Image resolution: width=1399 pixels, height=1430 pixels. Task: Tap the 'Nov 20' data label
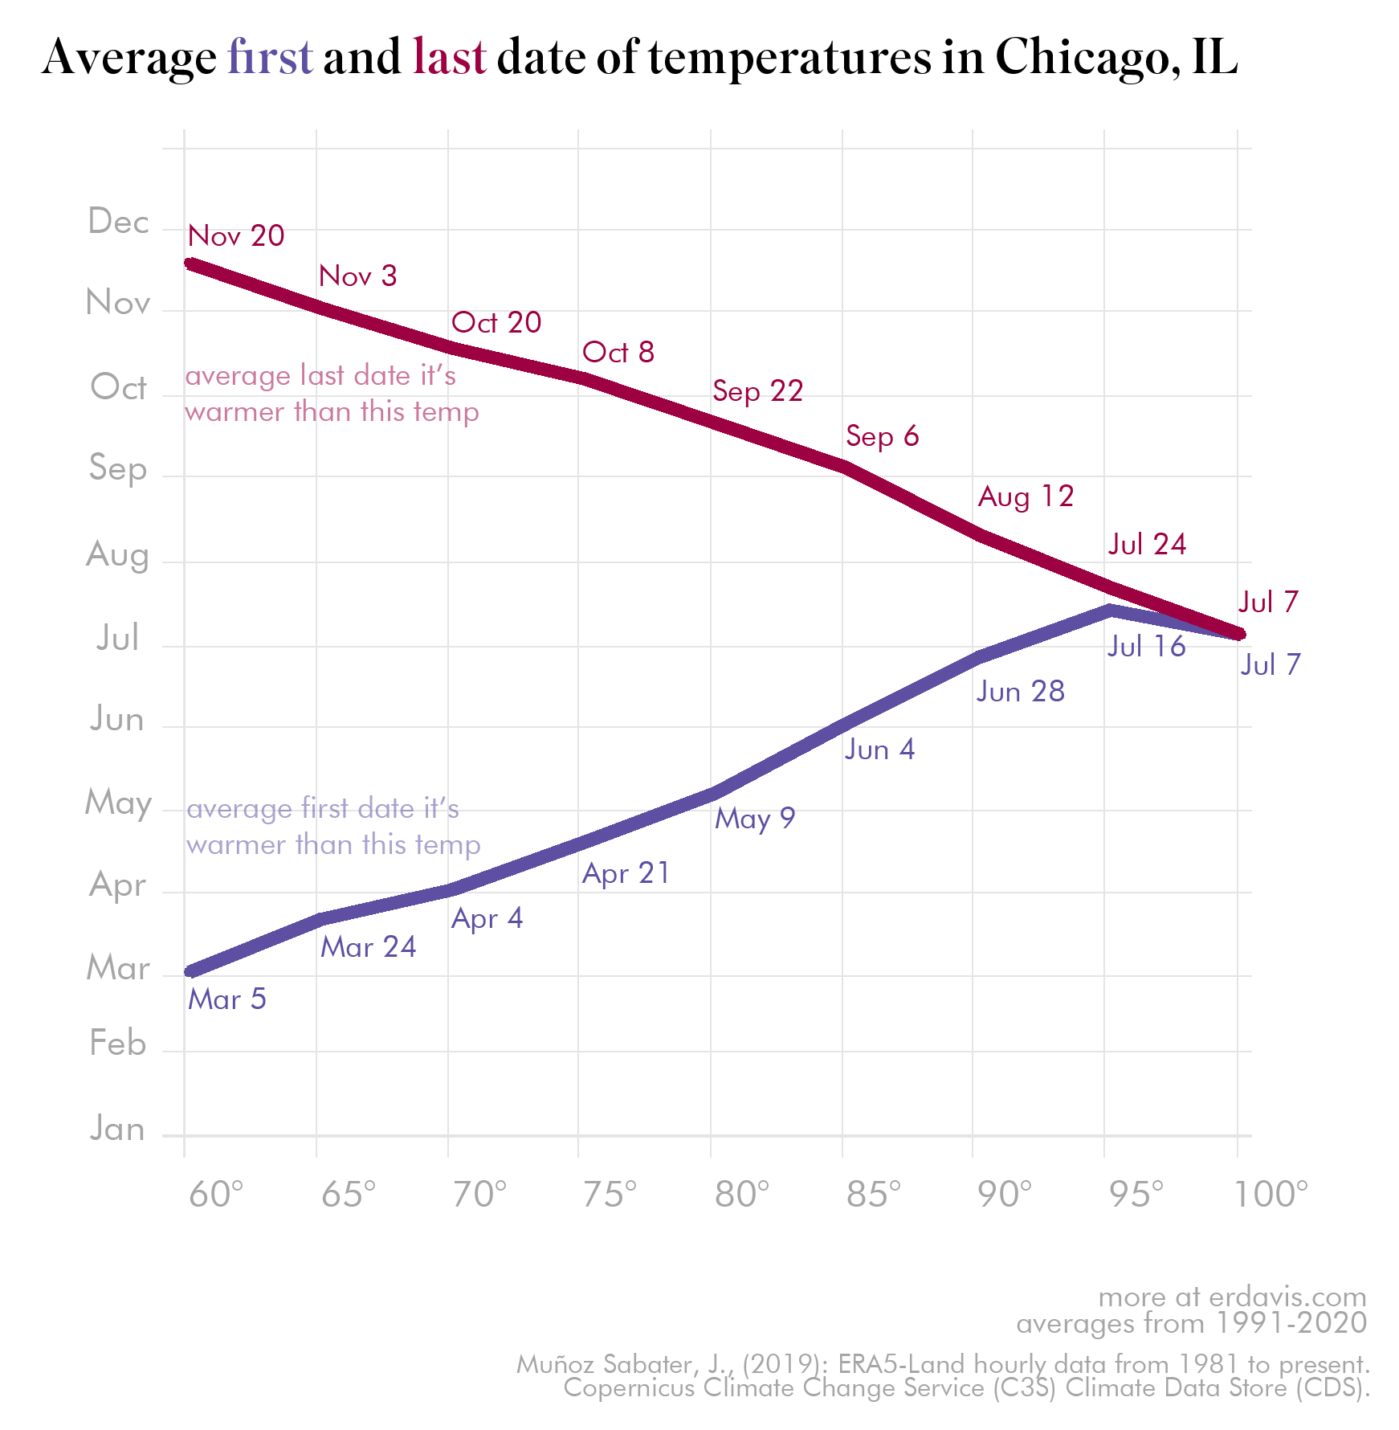[x=236, y=235]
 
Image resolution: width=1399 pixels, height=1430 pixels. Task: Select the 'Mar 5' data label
[x=227, y=999]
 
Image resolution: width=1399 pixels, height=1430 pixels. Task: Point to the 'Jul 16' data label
[x=1146, y=646]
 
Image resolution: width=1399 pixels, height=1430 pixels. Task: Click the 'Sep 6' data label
[x=882, y=435]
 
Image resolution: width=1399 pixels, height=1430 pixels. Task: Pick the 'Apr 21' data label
[x=626, y=872]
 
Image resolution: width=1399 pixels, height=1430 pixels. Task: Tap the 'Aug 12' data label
[x=1026, y=496]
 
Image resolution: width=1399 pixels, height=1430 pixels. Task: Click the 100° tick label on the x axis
[x=1271, y=1195]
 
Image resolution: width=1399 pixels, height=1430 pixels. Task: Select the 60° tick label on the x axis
[x=215, y=1195]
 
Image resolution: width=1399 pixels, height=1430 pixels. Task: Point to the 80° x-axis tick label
[x=741, y=1195]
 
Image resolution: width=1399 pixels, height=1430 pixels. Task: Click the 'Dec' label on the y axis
[x=118, y=221]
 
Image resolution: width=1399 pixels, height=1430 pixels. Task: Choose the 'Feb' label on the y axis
[x=117, y=1044]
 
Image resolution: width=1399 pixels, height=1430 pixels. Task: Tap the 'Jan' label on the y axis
[x=117, y=1129]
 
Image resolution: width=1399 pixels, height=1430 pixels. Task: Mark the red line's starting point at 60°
[x=190, y=264]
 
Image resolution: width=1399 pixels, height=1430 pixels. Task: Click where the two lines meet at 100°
[x=1239, y=634]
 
